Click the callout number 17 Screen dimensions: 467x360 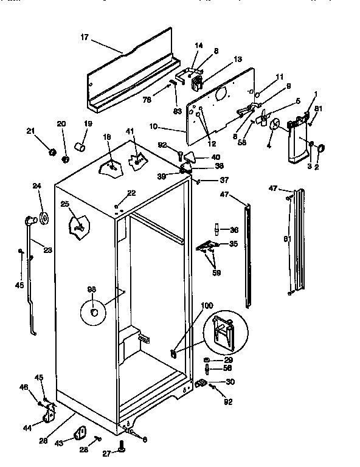coord(84,38)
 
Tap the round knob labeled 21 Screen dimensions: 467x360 coord(52,150)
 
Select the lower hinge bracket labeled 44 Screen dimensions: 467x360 coord(48,418)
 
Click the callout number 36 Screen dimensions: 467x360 coord(235,230)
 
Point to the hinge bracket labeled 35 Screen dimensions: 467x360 coord(207,246)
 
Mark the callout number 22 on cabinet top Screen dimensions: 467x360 coord(131,194)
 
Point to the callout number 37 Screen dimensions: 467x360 coord(224,180)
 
